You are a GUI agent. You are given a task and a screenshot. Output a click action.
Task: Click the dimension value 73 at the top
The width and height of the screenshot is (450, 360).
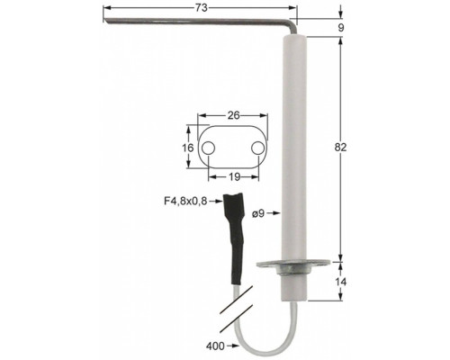pyautogui.click(x=202, y=8)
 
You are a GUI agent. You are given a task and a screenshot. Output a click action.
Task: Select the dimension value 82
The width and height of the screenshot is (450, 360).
pyautogui.click(x=340, y=148)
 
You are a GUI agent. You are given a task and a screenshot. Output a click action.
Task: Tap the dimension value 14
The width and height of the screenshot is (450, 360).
pyautogui.click(x=340, y=282)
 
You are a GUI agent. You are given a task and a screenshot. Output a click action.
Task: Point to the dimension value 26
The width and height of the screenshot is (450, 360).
pyautogui.click(x=233, y=115)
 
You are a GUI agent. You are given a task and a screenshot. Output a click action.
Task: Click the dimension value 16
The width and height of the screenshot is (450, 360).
pyautogui.click(x=188, y=148)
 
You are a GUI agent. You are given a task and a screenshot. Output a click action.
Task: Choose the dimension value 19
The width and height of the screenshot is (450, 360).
pyautogui.click(x=234, y=177)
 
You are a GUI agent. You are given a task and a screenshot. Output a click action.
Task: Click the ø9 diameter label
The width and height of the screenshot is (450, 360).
pyautogui.click(x=258, y=213)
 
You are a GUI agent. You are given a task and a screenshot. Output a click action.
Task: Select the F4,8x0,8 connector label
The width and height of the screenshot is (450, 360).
pyautogui.click(x=185, y=201)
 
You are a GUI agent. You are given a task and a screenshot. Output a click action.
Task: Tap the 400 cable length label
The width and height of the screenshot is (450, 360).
pyautogui.click(x=215, y=346)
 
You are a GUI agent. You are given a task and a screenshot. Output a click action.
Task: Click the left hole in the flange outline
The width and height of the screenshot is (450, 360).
pyautogui.click(x=208, y=148)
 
